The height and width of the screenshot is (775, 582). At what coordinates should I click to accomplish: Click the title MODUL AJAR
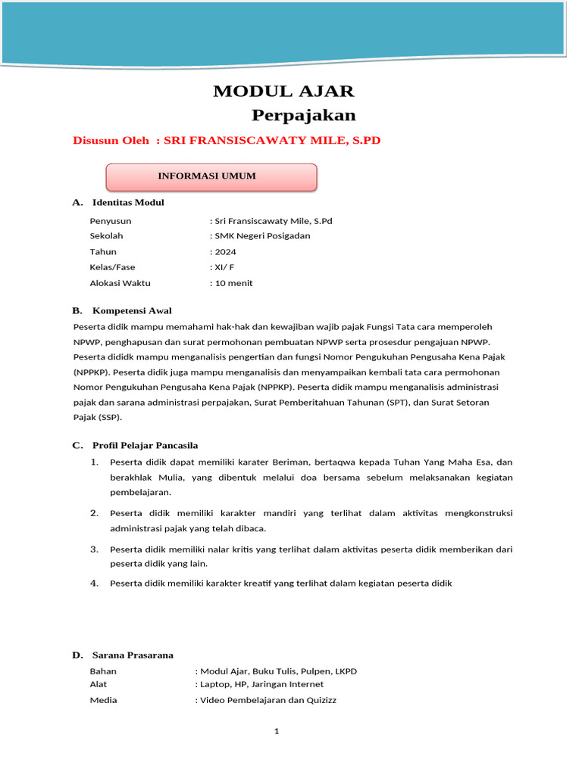point(283,92)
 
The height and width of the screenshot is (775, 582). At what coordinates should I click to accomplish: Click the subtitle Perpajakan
point(303,116)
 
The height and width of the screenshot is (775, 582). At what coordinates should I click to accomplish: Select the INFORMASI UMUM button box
point(210,176)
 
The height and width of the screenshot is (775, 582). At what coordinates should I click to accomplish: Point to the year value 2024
point(225,251)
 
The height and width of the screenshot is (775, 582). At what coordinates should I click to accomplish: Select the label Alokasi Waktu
point(120,283)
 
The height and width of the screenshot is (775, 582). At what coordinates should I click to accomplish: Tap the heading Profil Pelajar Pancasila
point(145,445)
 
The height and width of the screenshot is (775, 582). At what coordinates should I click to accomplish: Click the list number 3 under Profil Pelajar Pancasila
point(95,549)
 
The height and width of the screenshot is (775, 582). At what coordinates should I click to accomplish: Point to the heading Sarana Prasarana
point(133,655)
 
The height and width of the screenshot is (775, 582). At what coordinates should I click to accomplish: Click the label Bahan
point(103,671)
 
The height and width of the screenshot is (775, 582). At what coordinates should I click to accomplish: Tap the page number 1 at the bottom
point(277,731)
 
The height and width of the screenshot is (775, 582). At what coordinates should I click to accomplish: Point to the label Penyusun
point(110,220)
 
